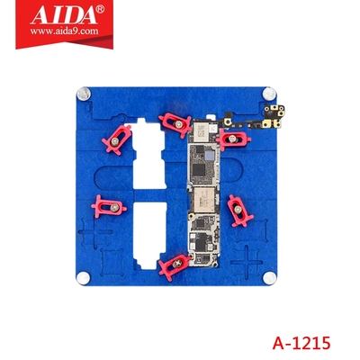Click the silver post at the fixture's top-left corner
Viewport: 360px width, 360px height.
coord(84,92)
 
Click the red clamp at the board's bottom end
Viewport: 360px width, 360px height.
coord(170,264)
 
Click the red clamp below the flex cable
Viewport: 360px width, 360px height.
coord(236,139)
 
